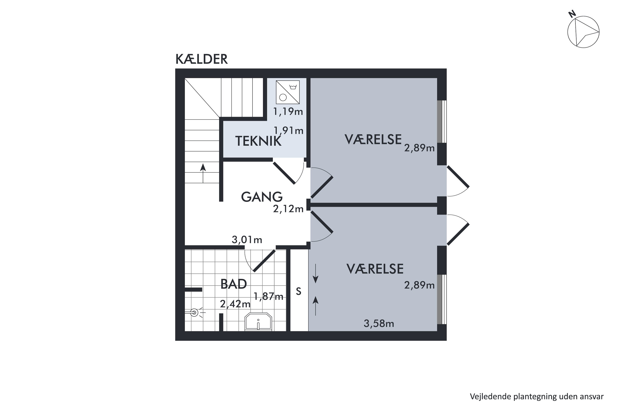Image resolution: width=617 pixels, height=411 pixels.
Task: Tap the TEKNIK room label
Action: pyautogui.click(x=258, y=141)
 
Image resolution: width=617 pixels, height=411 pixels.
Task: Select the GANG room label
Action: pyautogui.click(x=262, y=197)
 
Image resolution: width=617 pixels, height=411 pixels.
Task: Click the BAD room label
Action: pyautogui.click(x=234, y=284)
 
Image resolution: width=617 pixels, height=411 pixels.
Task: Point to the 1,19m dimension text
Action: pyautogui.click(x=288, y=112)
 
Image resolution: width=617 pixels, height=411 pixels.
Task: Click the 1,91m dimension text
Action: pyautogui.click(x=289, y=130)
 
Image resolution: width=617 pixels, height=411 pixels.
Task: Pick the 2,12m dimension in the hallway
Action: pyautogui.click(x=288, y=209)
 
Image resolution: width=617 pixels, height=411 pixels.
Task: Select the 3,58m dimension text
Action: pyautogui.click(x=379, y=324)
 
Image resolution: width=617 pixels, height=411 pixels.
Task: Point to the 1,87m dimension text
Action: pyautogui.click(x=269, y=297)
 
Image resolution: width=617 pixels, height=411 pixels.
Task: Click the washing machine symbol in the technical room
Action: pyautogui.click(x=288, y=92)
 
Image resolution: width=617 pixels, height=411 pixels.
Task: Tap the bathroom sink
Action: pyautogui.click(x=258, y=322)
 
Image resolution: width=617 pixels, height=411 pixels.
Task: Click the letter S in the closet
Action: pyautogui.click(x=299, y=291)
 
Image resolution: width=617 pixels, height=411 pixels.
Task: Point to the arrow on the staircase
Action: pyautogui.click(x=203, y=173)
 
